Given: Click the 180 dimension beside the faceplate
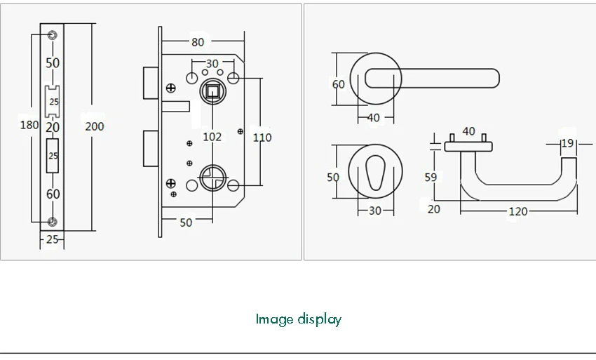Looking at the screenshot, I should [x=29, y=126].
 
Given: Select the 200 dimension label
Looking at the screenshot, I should [x=94, y=126].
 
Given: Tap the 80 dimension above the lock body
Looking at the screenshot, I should [x=198, y=42].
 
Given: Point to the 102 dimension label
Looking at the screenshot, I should [x=212, y=137].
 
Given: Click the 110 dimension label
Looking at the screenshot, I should [x=262, y=138].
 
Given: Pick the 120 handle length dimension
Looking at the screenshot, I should [x=517, y=212].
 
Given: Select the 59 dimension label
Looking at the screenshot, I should [x=431, y=178].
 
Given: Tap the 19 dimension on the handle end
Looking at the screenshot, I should [x=567, y=144].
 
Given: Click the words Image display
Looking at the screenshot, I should [x=298, y=319].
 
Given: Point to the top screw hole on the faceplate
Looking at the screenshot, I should [x=53, y=34].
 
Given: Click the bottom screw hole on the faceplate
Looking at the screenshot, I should [x=53, y=222].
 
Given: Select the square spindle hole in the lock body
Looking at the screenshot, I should [x=211, y=90].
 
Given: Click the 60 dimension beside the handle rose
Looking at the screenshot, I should [x=338, y=84].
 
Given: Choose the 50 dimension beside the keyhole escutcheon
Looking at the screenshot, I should [x=333, y=178].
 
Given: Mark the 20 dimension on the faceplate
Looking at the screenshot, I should [x=53, y=127].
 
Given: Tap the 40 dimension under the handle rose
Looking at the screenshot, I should [x=373, y=118].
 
